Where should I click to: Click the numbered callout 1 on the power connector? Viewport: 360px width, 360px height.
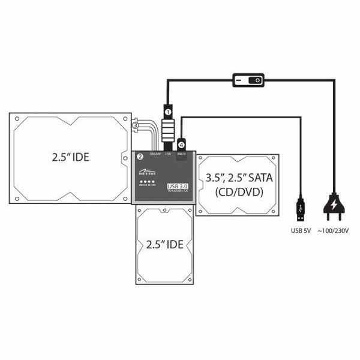(169, 112)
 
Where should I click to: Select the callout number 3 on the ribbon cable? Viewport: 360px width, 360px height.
(135, 125)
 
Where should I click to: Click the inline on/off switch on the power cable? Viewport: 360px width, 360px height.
(248, 80)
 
